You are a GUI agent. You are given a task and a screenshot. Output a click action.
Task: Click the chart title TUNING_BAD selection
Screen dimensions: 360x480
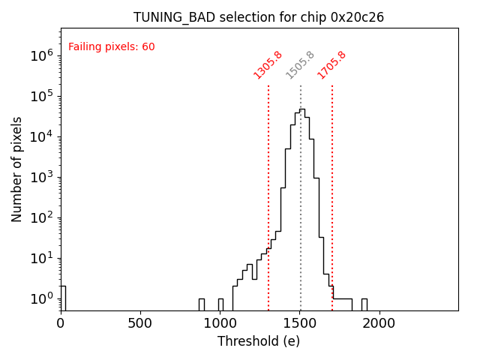pyautogui.click(x=259, y=17)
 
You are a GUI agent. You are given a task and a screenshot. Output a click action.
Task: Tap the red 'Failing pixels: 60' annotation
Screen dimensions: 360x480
pyautogui.click(x=112, y=46)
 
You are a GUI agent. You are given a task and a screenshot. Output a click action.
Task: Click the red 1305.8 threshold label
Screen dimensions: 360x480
pyautogui.click(x=268, y=64)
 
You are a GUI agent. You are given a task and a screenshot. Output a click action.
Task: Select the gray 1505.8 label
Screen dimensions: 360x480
pyautogui.click(x=300, y=64)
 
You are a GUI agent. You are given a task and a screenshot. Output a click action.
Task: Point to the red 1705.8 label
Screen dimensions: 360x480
pyautogui.click(x=331, y=64)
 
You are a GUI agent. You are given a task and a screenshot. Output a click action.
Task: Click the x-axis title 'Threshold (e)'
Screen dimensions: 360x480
pyautogui.click(x=259, y=341)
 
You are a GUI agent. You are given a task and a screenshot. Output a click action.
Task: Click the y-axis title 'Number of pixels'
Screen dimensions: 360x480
pyautogui.click(x=17, y=169)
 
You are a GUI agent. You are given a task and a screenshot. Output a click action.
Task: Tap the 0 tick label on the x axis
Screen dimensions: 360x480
pyautogui.click(x=61, y=323)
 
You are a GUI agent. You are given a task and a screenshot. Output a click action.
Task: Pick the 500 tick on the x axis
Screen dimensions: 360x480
pyautogui.click(x=140, y=323)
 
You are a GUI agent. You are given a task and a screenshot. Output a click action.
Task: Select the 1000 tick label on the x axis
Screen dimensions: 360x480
pyautogui.click(x=220, y=323)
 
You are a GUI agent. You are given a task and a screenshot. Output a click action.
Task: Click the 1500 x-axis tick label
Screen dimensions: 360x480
pyautogui.click(x=299, y=323)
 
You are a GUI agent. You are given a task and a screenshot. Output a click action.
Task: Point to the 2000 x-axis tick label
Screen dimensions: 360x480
pyautogui.click(x=379, y=323)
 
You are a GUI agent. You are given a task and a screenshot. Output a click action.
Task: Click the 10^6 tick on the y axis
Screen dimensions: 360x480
pyautogui.click(x=40, y=55)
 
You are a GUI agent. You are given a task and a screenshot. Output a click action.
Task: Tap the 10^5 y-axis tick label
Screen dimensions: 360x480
pyautogui.click(x=40, y=96)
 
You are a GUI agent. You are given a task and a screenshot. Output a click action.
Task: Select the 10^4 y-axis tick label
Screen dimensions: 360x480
pyautogui.click(x=40, y=136)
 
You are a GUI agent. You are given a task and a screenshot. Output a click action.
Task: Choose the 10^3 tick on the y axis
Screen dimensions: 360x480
pyautogui.click(x=40, y=177)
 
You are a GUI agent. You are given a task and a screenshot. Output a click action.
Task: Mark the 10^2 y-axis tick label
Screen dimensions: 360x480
pyautogui.click(x=40, y=217)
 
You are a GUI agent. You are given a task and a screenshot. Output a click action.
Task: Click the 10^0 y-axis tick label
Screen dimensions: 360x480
pyautogui.click(x=40, y=298)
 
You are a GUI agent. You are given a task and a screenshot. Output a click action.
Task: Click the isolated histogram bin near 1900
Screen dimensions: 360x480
pyautogui.click(x=364, y=304)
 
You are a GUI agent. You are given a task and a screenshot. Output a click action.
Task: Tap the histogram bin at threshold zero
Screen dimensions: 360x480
pyautogui.click(x=63, y=298)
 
